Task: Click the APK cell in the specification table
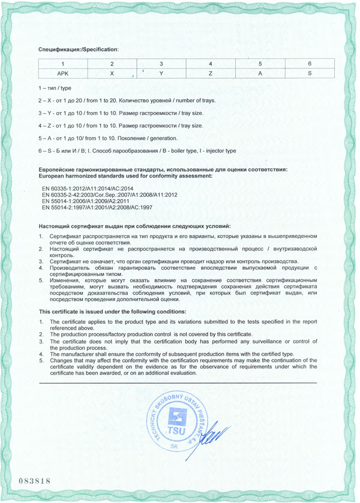pyautogui.click(x=62, y=74)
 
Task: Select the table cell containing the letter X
pyautogui.click(x=112, y=74)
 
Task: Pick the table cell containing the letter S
pyautogui.click(x=308, y=74)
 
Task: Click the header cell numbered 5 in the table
pyautogui.click(x=260, y=64)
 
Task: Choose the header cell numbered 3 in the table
pyautogui.click(x=161, y=64)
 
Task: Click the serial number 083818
pyautogui.click(x=33, y=481)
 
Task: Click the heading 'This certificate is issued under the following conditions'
pyautogui.click(x=112, y=312)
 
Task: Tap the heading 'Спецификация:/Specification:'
pyautogui.click(x=79, y=48)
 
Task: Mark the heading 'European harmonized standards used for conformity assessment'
pyautogui.click(x=125, y=177)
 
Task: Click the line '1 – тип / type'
pyautogui.click(x=55, y=88)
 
